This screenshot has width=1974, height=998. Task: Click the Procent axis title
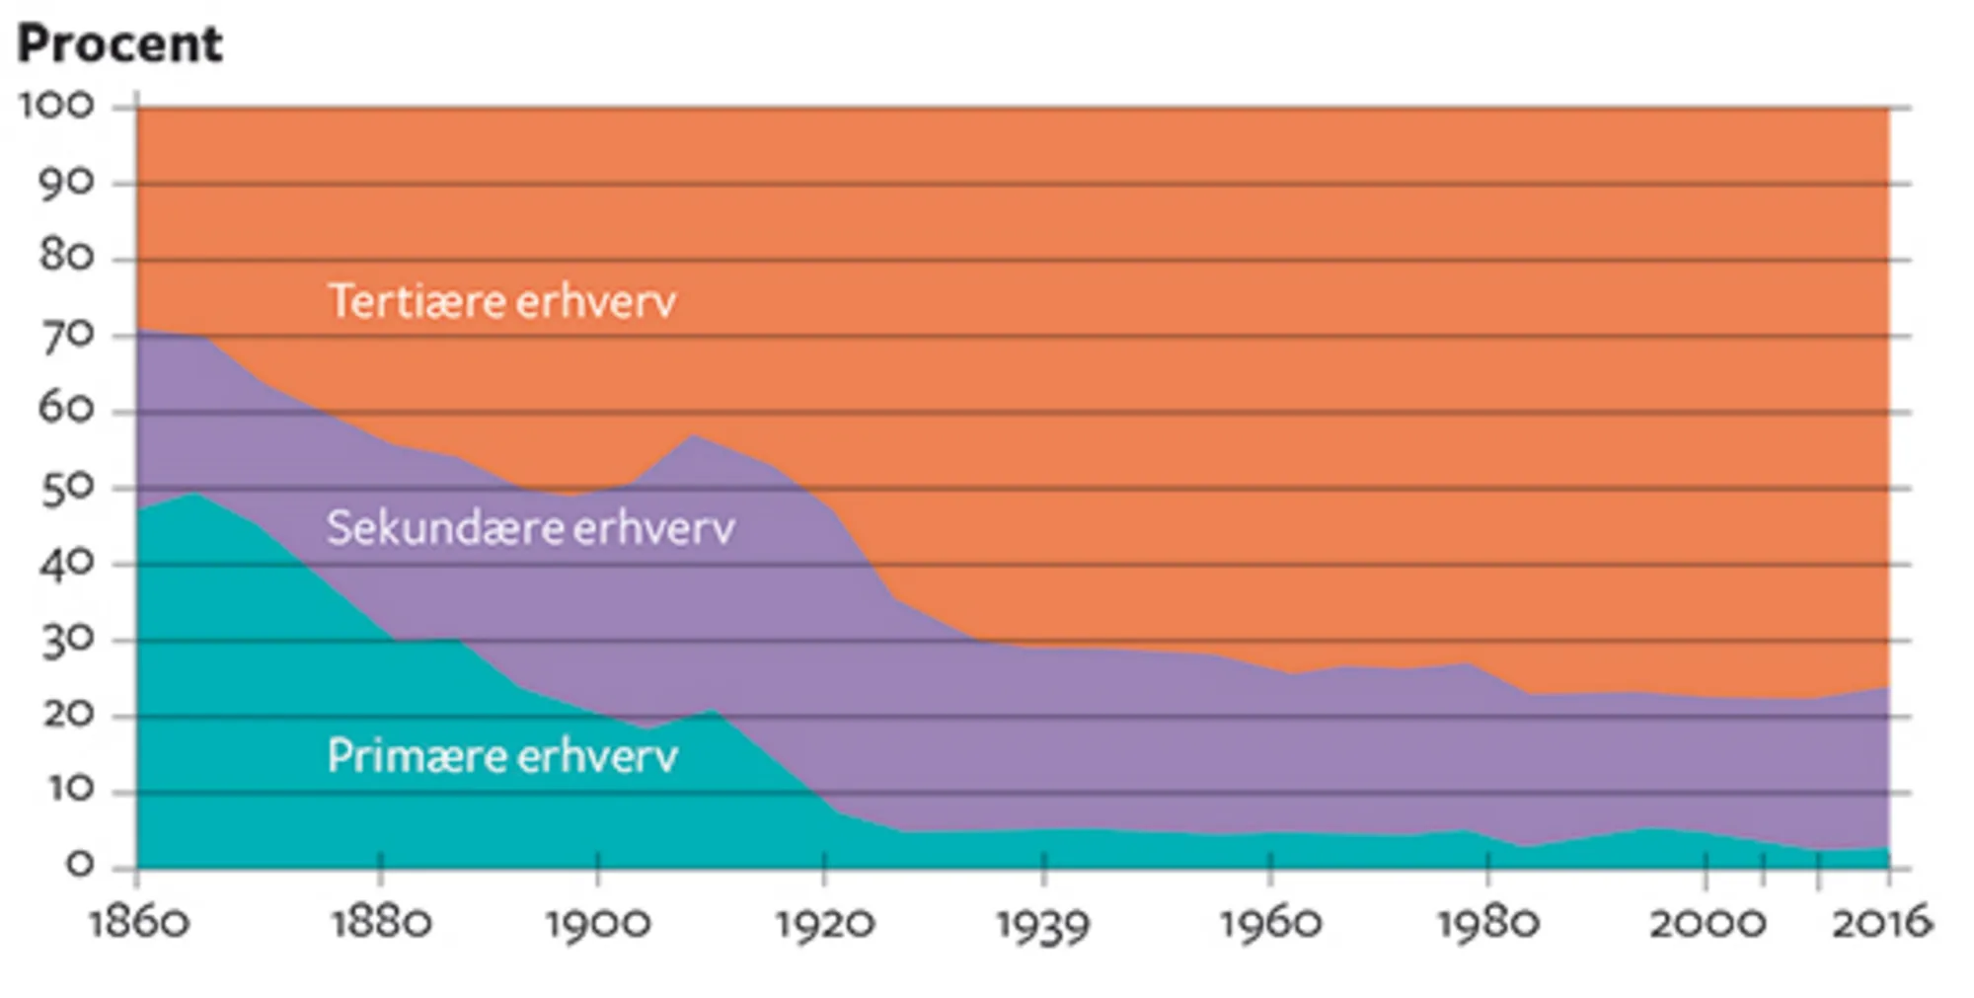(119, 44)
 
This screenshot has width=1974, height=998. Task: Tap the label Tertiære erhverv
(501, 301)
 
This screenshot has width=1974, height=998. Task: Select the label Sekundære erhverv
(530, 528)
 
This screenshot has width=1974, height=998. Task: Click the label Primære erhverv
(501, 756)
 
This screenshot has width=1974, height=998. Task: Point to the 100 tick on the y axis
(57, 106)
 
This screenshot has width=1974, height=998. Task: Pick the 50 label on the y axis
(66, 488)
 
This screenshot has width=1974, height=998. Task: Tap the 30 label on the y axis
(66, 641)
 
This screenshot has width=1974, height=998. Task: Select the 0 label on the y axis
(79, 866)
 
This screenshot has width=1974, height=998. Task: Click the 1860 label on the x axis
(138, 924)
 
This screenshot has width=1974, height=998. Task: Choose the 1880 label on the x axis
(381, 924)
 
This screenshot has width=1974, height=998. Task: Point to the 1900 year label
(598, 924)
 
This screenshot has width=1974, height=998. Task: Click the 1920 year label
(824, 924)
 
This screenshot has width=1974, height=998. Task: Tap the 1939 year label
(1043, 926)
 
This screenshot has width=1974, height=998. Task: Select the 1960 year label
(1270, 924)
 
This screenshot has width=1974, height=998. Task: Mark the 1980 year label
(1488, 924)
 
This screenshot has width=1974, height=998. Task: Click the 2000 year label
(1707, 924)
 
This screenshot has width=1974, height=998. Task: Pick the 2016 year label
(1881, 924)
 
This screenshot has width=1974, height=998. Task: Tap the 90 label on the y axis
(66, 183)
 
